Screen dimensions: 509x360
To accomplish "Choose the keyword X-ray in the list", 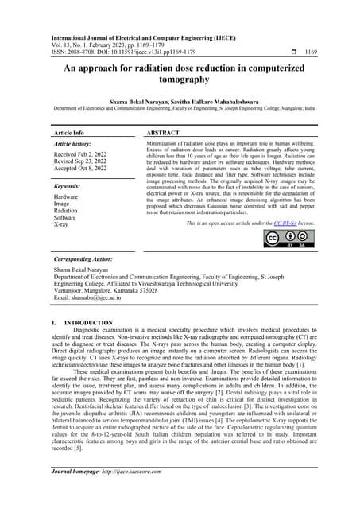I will coord(61,225).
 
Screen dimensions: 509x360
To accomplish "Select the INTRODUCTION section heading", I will coord(87,323).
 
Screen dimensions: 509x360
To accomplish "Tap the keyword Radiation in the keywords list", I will coord(67,211).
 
